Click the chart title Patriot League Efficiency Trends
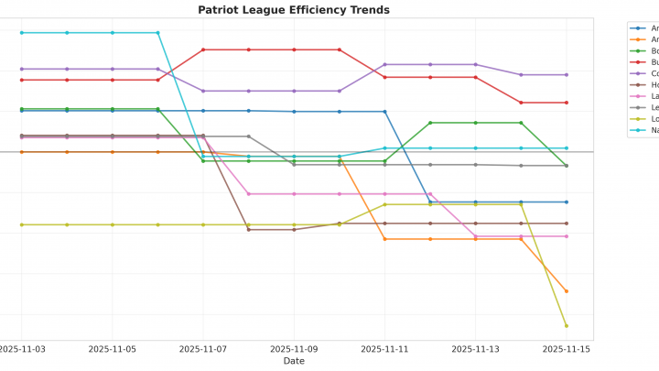click(294, 10)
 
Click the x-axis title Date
click(294, 361)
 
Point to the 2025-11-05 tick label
click(113, 349)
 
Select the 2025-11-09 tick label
click(294, 349)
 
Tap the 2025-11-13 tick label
click(475, 349)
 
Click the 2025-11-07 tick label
click(203, 349)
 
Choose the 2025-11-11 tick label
click(384, 349)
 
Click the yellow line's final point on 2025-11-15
click(566, 325)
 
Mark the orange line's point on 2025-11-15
click(566, 291)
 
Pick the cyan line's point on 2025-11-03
click(22, 33)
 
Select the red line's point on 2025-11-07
click(203, 49)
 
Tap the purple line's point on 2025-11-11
click(384, 65)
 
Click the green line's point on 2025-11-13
click(475, 123)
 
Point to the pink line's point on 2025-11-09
click(294, 194)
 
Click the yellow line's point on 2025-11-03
click(22, 224)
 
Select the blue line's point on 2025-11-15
click(566, 202)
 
